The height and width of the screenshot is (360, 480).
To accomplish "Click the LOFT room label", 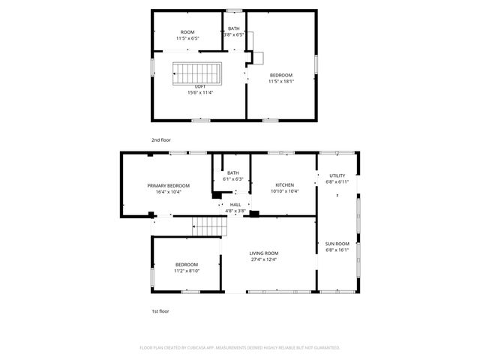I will pyautogui.click(x=200, y=86).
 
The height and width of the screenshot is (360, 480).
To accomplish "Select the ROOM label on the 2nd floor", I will pyautogui.click(x=187, y=32).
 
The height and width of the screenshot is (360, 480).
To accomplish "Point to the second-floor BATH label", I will pyautogui.click(x=234, y=28).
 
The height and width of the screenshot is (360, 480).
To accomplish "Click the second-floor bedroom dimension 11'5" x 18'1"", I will pyautogui.click(x=281, y=81).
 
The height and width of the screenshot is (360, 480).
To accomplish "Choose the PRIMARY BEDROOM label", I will pyautogui.click(x=168, y=185).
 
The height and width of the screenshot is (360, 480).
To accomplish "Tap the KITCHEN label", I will pyautogui.click(x=284, y=185).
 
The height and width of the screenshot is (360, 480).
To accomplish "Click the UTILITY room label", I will pyautogui.click(x=337, y=175).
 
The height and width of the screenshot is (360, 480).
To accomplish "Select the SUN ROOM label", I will pyautogui.click(x=337, y=244).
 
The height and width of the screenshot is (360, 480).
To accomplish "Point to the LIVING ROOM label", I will pyautogui.click(x=264, y=253).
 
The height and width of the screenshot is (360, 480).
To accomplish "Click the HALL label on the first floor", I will pyautogui.click(x=235, y=205).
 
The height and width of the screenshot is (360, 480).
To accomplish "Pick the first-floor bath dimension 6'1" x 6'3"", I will pyautogui.click(x=233, y=179).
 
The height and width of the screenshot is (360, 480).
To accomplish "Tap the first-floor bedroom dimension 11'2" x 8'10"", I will pyautogui.click(x=187, y=271).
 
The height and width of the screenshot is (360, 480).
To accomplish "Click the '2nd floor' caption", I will pyautogui.click(x=160, y=139).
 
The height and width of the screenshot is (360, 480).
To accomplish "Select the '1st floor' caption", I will pyautogui.click(x=160, y=310).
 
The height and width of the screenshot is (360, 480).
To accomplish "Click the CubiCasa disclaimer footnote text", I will pyautogui.click(x=240, y=347).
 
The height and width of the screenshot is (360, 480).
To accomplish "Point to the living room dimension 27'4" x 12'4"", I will pyautogui.click(x=264, y=259).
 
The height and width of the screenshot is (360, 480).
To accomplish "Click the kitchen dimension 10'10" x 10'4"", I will pyautogui.click(x=284, y=191).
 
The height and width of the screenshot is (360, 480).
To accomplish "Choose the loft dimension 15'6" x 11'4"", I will pyautogui.click(x=200, y=92).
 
